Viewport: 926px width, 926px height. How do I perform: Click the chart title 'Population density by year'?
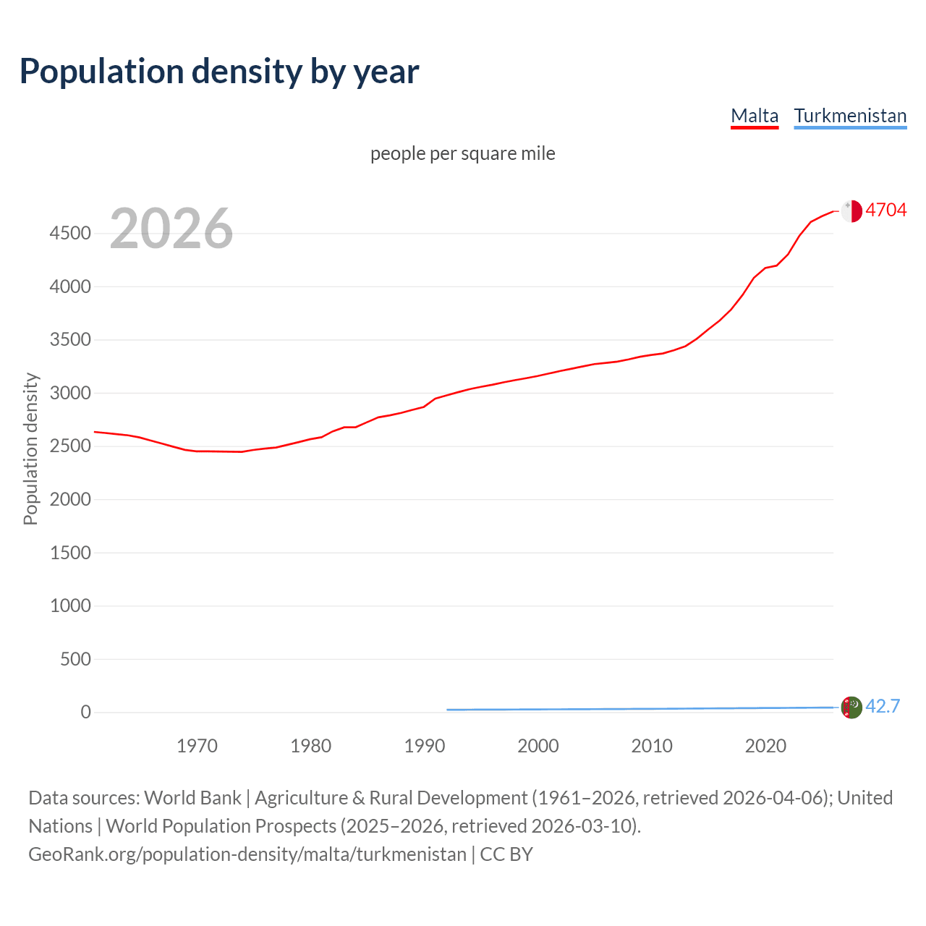(219, 72)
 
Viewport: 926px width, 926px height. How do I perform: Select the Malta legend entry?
(755, 116)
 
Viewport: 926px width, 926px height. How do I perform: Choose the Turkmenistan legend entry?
(850, 116)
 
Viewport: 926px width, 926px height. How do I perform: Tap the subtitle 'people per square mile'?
(463, 154)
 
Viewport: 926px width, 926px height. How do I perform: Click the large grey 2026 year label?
(171, 229)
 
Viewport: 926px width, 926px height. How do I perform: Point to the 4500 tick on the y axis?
(70, 234)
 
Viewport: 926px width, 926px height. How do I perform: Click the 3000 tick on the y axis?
(70, 394)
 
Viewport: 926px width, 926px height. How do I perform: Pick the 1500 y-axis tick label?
(70, 553)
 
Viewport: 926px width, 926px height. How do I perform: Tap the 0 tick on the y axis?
(86, 713)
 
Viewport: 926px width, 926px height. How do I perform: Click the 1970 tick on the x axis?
(197, 746)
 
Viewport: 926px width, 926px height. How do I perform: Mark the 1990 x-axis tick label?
(425, 746)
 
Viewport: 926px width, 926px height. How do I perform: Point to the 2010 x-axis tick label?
(652, 746)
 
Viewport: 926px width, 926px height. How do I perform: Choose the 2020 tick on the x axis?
(765, 746)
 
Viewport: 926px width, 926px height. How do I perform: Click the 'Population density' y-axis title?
(30, 449)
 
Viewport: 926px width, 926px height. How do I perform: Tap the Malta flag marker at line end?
(851, 211)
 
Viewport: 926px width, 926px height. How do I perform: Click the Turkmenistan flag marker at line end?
(851, 707)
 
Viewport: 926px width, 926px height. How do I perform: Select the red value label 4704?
(886, 211)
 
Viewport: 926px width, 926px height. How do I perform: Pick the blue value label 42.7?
(883, 707)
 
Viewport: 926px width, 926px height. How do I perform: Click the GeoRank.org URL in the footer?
(247, 854)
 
